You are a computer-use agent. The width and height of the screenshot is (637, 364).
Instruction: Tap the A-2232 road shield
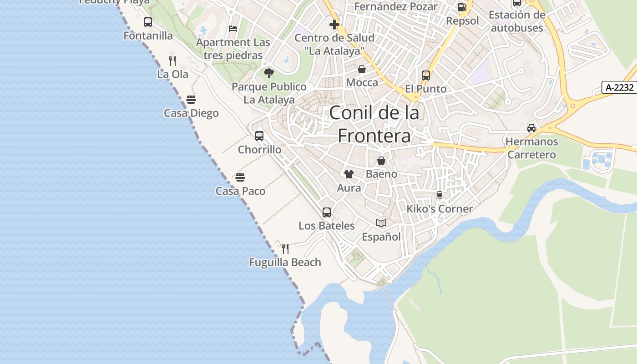(620, 87)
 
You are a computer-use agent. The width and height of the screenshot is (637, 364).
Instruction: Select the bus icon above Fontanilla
(148, 22)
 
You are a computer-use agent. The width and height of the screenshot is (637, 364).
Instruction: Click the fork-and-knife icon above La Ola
(172, 61)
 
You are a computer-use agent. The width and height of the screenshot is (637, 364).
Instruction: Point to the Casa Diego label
(191, 113)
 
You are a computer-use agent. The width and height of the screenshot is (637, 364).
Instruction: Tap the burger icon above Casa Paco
(240, 177)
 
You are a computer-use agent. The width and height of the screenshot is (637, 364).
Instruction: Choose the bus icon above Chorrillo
(259, 136)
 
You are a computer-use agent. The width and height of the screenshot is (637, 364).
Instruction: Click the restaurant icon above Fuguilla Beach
(285, 248)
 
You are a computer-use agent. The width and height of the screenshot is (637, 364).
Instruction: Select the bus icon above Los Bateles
(327, 212)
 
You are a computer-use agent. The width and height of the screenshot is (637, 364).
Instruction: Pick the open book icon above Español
(381, 223)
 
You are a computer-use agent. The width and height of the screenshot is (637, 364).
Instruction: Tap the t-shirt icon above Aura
(349, 174)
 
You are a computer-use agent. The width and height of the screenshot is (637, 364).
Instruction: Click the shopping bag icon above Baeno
(381, 161)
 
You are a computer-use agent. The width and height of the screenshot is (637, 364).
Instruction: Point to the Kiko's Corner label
(440, 209)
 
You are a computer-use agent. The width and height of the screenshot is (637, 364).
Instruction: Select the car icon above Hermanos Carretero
(531, 128)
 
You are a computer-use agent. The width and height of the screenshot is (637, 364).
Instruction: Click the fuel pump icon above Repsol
(462, 7)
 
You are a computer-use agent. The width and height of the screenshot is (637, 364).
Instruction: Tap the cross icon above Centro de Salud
(334, 24)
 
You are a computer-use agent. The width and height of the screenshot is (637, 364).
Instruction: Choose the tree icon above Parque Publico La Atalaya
(269, 73)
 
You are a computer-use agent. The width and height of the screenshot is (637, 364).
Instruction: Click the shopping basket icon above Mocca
(362, 69)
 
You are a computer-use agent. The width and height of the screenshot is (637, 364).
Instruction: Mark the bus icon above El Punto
(426, 76)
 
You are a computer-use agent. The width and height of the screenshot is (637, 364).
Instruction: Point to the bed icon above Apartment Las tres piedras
(233, 28)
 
